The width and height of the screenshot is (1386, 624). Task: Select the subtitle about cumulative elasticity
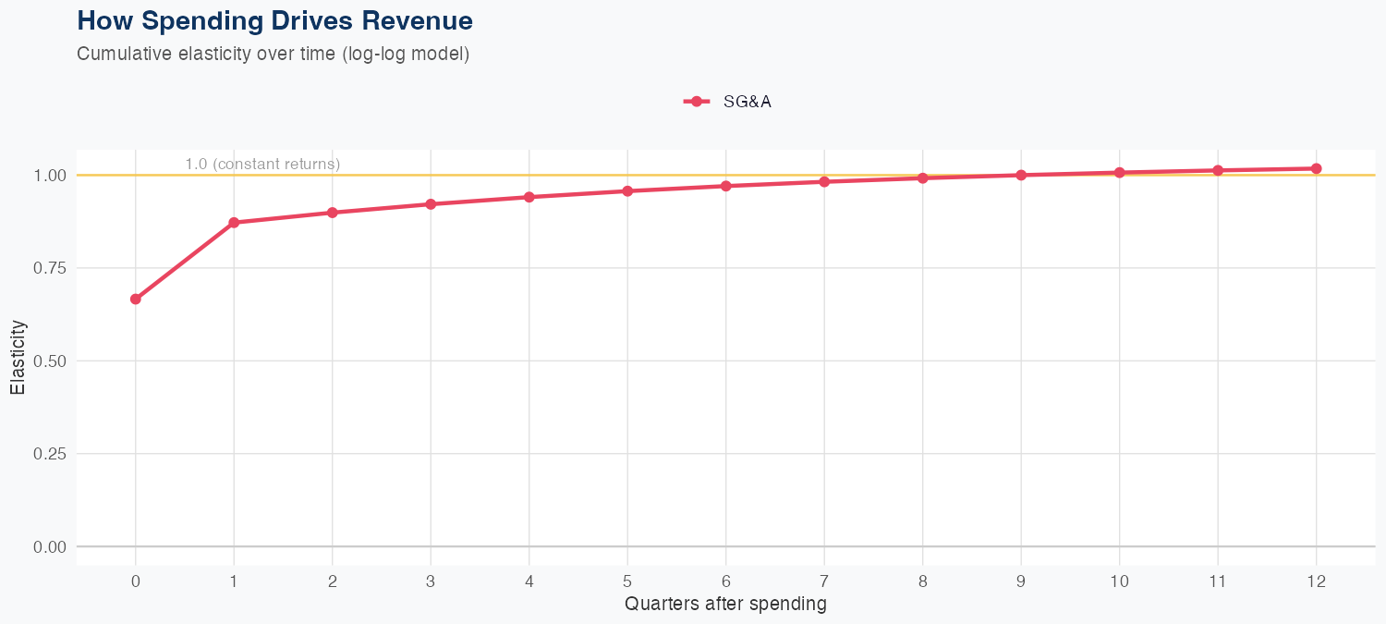[x=274, y=54]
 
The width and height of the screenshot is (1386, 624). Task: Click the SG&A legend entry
[x=728, y=102]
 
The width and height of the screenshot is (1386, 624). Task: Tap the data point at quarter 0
[x=136, y=299]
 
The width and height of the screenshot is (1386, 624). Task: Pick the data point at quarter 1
[x=234, y=223]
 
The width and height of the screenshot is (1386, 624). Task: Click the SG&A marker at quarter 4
[x=529, y=197]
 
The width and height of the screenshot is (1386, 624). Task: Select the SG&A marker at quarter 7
[x=824, y=181]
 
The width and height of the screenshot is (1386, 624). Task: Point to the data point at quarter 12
[x=1317, y=168]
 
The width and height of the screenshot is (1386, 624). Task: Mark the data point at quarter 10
[x=1120, y=173]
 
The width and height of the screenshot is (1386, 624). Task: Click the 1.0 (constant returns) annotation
[x=262, y=164]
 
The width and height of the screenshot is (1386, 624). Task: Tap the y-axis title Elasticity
[x=18, y=357]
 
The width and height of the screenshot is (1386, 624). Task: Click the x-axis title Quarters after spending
[x=725, y=605]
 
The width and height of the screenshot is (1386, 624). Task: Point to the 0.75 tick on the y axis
[x=49, y=268]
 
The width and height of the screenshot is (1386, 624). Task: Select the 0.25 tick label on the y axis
[x=49, y=454]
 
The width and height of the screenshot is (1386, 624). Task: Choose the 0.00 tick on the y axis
[x=49, y=547]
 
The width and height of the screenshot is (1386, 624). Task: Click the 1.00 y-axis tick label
[x=49, y=176]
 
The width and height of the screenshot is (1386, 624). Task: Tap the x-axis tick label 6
[x=726, y=581]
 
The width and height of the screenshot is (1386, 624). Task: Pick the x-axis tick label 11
[x=1218, y=581]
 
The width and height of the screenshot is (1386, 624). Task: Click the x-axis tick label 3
[x=431, y=581]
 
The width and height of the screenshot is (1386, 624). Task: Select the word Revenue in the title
[x=417, y=20]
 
